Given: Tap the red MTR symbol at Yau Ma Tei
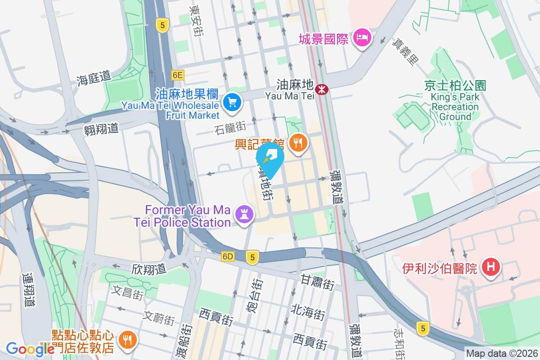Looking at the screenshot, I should [x=322, y=89].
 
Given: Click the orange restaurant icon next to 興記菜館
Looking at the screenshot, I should [x=297, y=143].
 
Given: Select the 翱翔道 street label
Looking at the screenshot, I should [x=101, y=129].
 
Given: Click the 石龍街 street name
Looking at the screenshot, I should [x=230, y=129].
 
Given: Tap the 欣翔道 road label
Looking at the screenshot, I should [x=149, y=269].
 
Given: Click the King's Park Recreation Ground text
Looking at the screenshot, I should [x=455, y=107].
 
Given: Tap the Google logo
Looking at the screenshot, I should [x=30, y=349].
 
